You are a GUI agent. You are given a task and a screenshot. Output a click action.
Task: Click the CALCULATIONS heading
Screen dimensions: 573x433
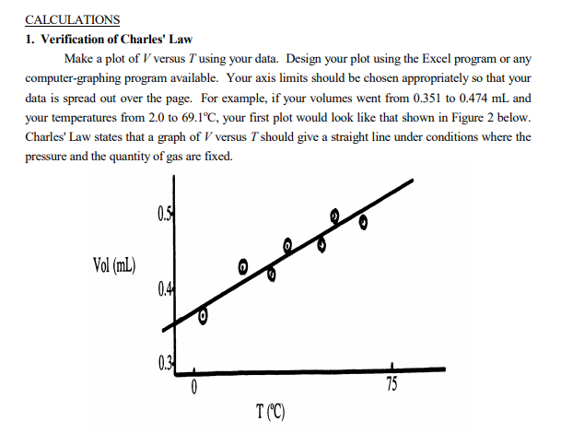73,19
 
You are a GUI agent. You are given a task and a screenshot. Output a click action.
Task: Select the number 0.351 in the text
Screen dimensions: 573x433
427,98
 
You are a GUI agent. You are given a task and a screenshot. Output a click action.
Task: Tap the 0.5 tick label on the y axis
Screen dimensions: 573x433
164,215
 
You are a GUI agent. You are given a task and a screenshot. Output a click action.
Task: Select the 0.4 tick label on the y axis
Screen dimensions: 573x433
164,289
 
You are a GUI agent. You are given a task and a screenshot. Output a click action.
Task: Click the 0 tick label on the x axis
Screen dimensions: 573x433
194,387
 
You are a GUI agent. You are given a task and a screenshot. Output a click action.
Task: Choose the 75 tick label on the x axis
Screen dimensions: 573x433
392,384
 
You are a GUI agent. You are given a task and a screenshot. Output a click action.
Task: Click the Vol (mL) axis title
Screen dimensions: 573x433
114,265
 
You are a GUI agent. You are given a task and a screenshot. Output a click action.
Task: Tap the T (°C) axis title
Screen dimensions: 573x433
271,412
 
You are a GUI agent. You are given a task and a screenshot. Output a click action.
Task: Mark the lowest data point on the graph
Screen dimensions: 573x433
204,316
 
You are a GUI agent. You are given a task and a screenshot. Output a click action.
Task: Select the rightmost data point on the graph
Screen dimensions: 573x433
363,222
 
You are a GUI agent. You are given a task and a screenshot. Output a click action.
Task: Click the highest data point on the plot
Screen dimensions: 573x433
334,216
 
